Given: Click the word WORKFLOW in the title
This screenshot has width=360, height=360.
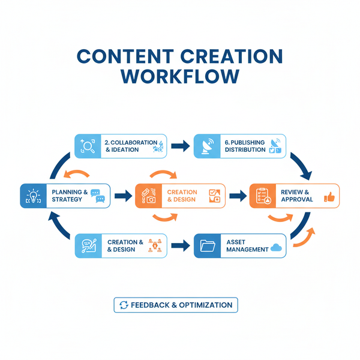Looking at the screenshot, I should tap(179, 77).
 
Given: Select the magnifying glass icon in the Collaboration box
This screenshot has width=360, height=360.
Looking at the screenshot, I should tap(88, 146).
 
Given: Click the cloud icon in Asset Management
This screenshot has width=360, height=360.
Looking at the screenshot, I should tap(276, 246).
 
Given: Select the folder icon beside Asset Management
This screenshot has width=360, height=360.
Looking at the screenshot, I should tap(207, 246).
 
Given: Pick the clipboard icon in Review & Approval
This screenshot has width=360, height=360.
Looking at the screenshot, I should tap(262, 196).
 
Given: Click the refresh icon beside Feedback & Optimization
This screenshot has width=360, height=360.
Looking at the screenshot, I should tap(124, 305).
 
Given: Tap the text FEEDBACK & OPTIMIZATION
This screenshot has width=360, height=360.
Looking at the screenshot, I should tap(182, 305).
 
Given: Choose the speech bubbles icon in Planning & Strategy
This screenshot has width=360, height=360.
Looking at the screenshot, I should tap(97, 196).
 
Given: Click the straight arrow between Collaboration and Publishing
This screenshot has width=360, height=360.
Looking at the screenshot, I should tap(179, 146).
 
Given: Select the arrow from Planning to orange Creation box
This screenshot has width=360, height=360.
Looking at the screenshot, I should tap(122, 196).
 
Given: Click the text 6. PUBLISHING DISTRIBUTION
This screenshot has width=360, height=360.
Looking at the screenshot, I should tap(245, 146).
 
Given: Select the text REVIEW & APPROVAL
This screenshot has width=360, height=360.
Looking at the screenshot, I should tap(296, 196).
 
